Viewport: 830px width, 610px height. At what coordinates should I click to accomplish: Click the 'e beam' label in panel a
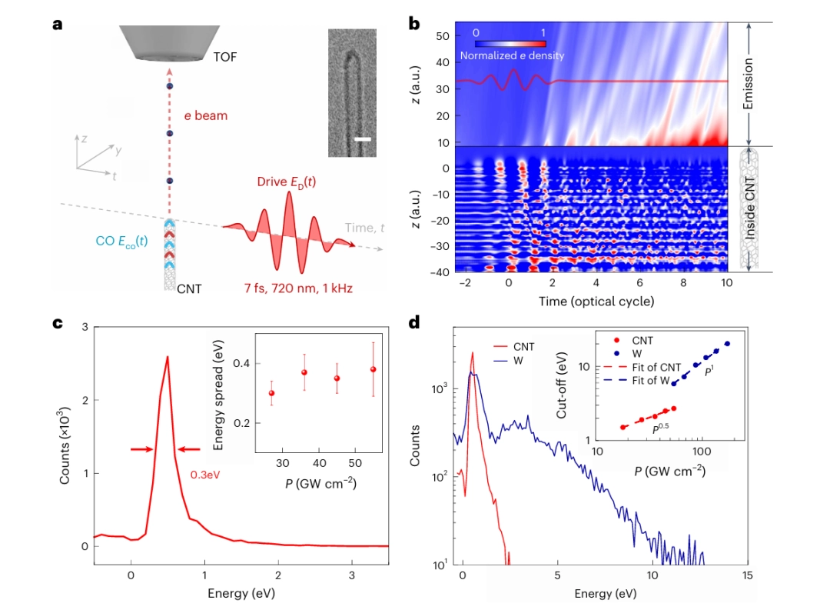click(205, 116)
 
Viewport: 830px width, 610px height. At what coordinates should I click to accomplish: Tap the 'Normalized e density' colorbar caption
click(511, 55)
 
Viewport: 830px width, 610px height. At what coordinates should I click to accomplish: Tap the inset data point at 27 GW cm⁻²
click(271, 393)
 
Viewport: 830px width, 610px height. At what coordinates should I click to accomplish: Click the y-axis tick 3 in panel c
click(81, 328)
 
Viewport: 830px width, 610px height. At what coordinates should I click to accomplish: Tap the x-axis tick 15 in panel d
click(745, 575)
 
